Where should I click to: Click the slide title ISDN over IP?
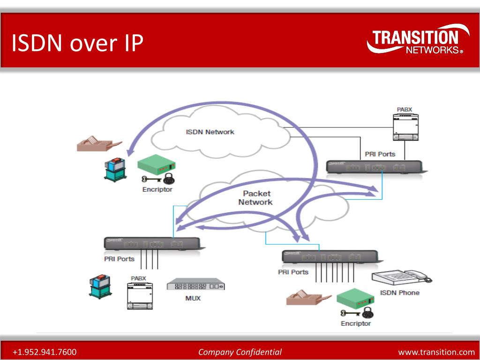[x=77, y=43]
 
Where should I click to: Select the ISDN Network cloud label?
[x=210, y=132]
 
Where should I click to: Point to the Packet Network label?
[x=255, y=198]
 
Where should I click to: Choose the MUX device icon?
[x=195, y=285]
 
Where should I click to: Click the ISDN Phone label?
[x=399, y=292]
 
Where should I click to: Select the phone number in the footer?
[x=45, y=352]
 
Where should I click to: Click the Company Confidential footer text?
[x=240, y=352]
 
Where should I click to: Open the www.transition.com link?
[x=436, y=352]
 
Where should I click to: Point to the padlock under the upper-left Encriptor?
[x=169, y=179]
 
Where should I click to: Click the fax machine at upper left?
[x=98, y=143]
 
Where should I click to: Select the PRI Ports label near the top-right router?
[x=380, y=154]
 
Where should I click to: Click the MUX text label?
[x=193, y=298]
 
